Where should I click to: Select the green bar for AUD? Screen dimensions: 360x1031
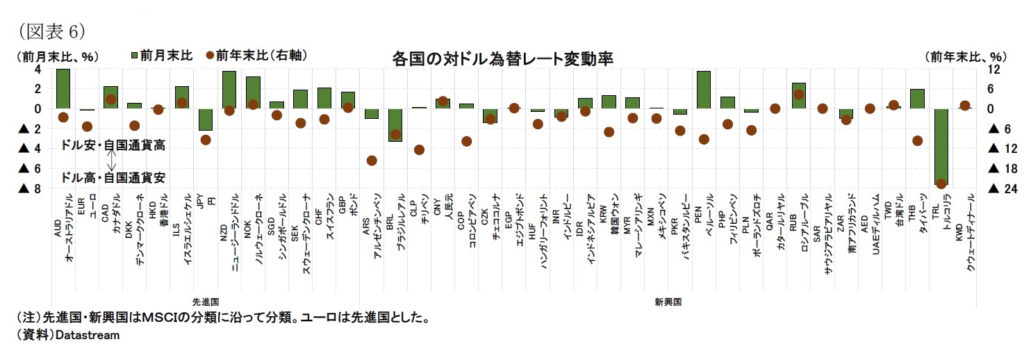pos(63,88)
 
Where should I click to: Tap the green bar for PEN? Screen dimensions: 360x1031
pos(704,90)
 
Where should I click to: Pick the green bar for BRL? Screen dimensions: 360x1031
pos(395,125)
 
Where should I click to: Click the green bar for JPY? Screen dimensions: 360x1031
pos(206,120)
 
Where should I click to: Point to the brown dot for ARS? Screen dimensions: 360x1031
pos(372,161)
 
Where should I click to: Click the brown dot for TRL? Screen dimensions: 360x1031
pos(941,183)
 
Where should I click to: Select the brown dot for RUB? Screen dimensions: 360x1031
pos(799,95)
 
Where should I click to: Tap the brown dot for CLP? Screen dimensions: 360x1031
pos(419,149)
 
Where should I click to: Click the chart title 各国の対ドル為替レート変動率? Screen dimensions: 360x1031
pos(502,58)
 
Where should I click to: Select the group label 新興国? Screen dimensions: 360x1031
pos(668,302)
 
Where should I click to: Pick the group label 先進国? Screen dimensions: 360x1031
pos(206,302)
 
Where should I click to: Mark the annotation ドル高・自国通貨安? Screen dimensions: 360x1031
pos(113,177)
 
